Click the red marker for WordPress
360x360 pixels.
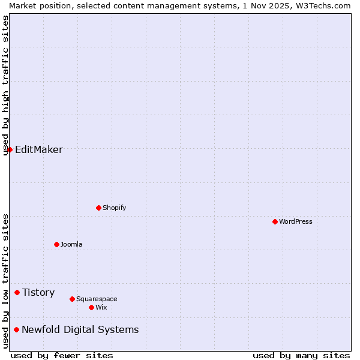pyautogui.click(x=275, y=221)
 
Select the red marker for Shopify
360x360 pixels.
pyautogui.click(x=98, y=208)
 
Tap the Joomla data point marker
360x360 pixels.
pyautogui.click(x=56, y=244)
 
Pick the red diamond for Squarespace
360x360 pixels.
pyautogui.click(x=72, y=299)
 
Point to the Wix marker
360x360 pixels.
pyautogui.click(x=91, y=307)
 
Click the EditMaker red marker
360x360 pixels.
pyautogui.click(x=10, y=149)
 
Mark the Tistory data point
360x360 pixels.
pyautogui.click(x=17, y=292)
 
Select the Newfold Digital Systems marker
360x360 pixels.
pyautogui.click(x=16, y=329)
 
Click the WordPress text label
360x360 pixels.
pyautogui.click(x=296, y=221)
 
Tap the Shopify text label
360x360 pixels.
pyautogui.click(x=115, y=208)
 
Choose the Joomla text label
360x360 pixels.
pyautogui.click(x=71, y=244)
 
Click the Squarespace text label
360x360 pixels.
pyautogui.click(x=97, y=299)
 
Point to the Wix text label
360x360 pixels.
pyautogui.click(x=101, y=307)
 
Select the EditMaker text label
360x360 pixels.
pyautogui.click(x=39, y=149)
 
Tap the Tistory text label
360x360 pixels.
pyautogui.click(x=38, y=292)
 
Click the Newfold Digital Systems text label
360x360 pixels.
pyautogui.click(x=80, y=329)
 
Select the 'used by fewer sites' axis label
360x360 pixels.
pyautogui.click(x=62, y=355)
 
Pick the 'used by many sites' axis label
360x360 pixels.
pyautogui.click(x=301, y=355)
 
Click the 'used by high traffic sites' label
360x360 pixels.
pyautogui.click(x=5, y=85)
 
